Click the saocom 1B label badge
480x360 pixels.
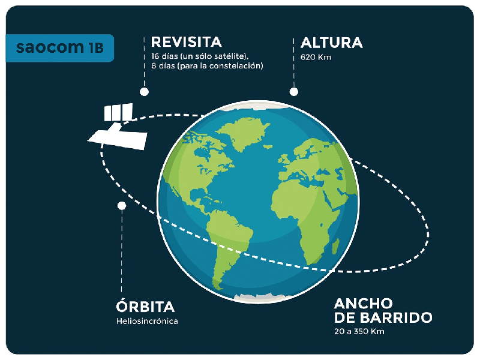coord(59,48)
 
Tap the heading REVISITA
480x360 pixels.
coord(186,42)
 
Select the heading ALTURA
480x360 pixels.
coord(332,43)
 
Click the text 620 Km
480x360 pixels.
coord(316,57)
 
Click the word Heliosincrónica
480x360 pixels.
coord(147,321)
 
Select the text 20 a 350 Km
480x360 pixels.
coord(359,332)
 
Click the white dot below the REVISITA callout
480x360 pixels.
coord(144,92)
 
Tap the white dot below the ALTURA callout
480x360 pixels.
coord(294,92)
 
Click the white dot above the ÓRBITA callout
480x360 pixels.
coord(122,205)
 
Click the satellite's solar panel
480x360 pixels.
coord(118,112)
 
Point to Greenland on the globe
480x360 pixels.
coord(244,134)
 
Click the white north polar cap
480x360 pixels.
coord(257,105)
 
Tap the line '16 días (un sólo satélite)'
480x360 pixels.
coord(200,56)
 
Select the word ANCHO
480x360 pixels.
coord(363,304)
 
